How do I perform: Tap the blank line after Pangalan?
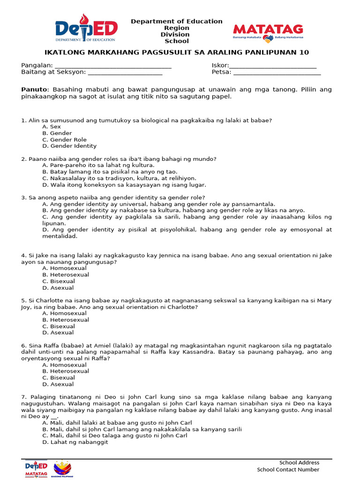tap(113, 66)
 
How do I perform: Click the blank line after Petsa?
tap(277, 72)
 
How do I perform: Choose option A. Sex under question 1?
tap(52, 127)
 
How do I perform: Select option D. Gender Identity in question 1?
tap(69, 146)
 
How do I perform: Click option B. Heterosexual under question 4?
tap(66, 275)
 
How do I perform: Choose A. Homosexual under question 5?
tap(64, 313)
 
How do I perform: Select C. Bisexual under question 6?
tap(59, 377)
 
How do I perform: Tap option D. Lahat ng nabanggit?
tap(75, 442)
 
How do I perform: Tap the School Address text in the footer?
tap(299, 463)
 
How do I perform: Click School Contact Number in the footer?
tap(288, 469)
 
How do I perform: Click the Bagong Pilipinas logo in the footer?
tap(63, 469)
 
